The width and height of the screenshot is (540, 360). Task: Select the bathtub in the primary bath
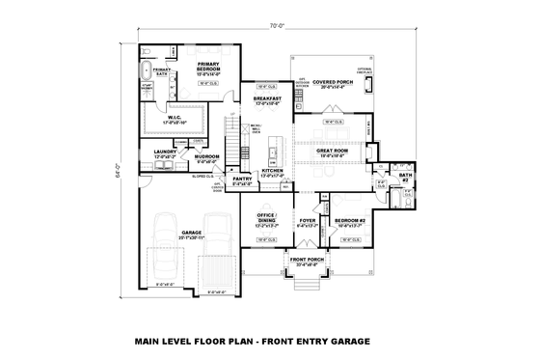pyautogui.click(x=146, y=71)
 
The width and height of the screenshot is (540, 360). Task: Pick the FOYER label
pyautogui.click(x=307, y=220)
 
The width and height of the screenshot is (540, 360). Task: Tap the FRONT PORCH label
pyautogui.click(x=307, y=262)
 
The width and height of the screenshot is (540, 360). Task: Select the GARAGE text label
pyautogui.click(x=191, y=233)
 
